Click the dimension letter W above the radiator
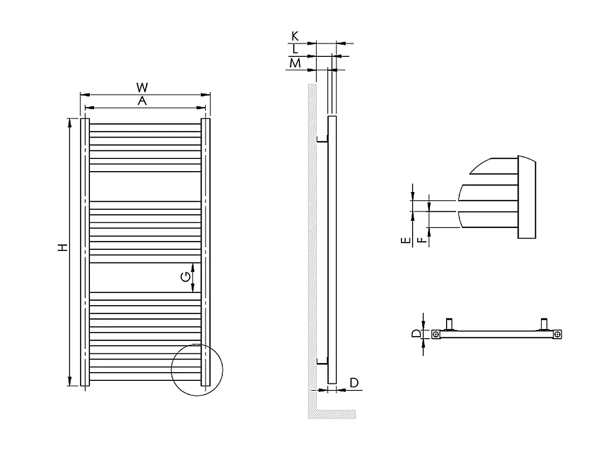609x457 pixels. (145, 87)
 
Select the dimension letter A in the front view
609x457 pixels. (143, 101)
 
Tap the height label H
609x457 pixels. (62, 248)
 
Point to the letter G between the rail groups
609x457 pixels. (186, 277)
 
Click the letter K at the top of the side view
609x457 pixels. (295, 36)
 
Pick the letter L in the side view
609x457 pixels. (295, 49)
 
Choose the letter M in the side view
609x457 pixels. (295, 63)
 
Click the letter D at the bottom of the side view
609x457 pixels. (354, 382)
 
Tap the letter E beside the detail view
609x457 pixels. (405, 241)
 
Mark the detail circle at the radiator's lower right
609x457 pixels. (197, 369)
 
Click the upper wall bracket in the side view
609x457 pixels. (322, 139)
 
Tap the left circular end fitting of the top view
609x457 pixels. (436, 334)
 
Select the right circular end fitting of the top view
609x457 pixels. (558, 334)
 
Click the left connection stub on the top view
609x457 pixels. (449, 323)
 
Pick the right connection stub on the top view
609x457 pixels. (545, 323)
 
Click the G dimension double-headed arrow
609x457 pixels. (193, 277)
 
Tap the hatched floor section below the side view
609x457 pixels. (332, 414)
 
